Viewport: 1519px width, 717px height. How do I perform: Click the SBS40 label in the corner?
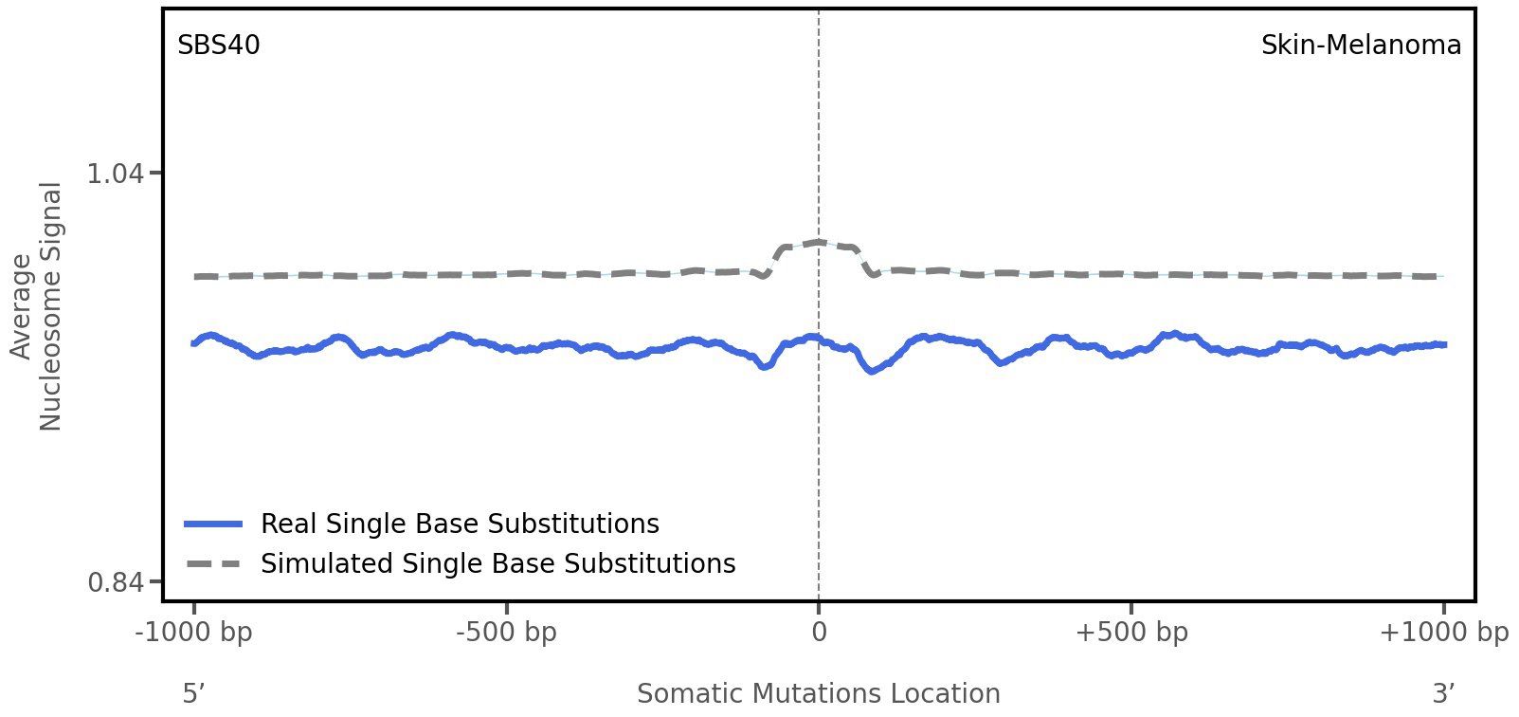(x=219, y=46)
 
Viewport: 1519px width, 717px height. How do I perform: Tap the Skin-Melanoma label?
(x=1361, y=46)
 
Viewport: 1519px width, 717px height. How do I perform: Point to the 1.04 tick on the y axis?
(x=115, y=174)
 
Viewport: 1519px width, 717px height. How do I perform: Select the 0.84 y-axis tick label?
(x=115, y=581)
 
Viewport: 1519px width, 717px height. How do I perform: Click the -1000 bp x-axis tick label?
(x=194, y=633)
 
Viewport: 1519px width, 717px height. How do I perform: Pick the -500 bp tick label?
(x=506, y=633)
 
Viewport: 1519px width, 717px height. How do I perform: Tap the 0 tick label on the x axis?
(x=819, y=633)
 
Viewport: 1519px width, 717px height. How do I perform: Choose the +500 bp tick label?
(x=1131, y=633)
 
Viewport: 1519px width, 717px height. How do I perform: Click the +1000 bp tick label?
(x=1443, y=633)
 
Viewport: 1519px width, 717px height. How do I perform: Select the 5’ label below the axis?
(x=194, y=694)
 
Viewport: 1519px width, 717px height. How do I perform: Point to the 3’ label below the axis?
(x=1443, y=694)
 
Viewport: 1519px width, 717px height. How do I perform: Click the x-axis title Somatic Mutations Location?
(x=819, y=694)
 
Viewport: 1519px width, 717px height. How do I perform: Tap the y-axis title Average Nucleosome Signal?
(x=37, y=306)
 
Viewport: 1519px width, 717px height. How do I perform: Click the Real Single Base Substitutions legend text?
(x=460, y=524)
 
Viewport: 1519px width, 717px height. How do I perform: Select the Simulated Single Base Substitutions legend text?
(x=497, y=563)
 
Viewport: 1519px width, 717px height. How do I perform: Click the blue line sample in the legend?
(x=214, y=524)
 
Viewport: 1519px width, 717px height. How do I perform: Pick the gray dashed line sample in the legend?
(x=214, y=563)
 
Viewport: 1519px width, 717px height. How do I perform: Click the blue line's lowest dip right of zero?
(x=872, y=371)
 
